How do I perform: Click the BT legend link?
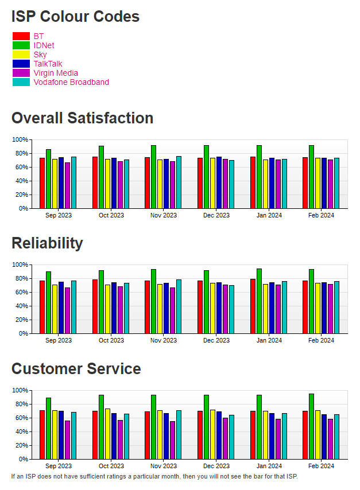click(38, 36)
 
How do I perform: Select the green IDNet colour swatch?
click(21, 45)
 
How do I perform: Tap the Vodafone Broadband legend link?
click(71, 82)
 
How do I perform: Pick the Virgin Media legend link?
click(56, 73)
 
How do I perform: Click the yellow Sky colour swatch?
click(21, 55)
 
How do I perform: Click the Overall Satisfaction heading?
click(82, 118)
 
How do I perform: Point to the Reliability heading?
click(47, 243)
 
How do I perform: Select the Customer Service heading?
click(76, 368)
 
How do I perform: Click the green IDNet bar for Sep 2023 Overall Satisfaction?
click(49, 178)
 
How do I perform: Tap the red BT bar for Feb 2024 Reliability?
click(305, 307)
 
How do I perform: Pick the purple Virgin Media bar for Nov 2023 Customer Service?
click(172, 440)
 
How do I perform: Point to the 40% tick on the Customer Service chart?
click(21, 431)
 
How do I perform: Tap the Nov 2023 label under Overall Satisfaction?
click(164, 215)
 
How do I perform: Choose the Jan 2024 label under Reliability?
click(269, 340)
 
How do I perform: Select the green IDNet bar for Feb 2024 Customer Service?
click(312, 426)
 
